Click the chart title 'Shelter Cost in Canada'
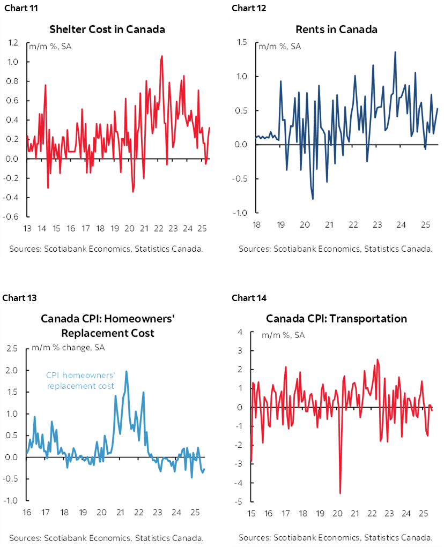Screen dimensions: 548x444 pyautogui.click(x=107, y=29)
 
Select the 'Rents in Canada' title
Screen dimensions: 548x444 pyautogui.click(x=336, y=29)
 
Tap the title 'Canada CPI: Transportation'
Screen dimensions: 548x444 pyautogui.click(x=336, y=319)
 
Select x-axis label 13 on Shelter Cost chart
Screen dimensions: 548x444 pyautogui.click(x=27, y=229)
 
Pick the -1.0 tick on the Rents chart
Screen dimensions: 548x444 pyautogui.click(x=240, y=213)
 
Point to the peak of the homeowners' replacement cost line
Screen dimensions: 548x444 pyautogui.click(x=127, y=371)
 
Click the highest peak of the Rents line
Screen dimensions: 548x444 pyautogui.click(x=395, y=51)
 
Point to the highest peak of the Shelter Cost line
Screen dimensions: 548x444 pyautogui.click(x=162, y=55)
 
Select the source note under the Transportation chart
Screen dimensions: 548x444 pyautogui.click(x=336, y=537)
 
